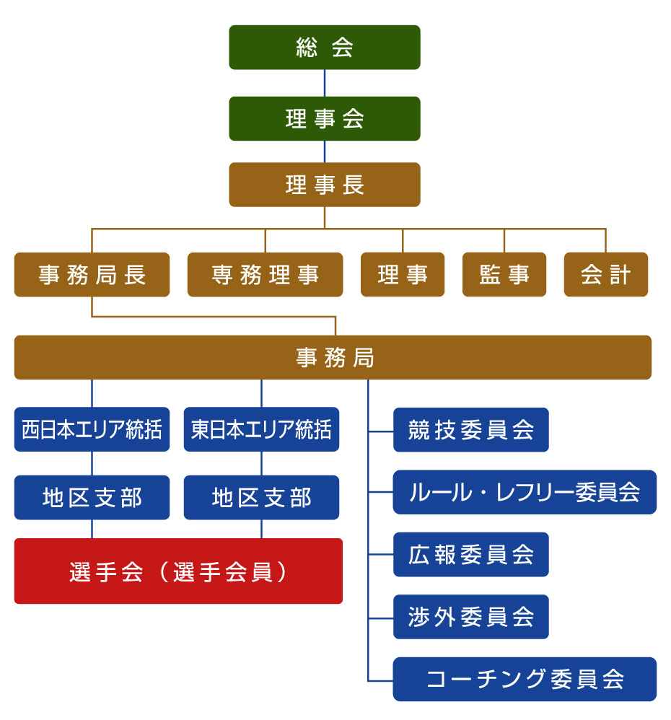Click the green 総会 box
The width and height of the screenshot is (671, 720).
tap(325, 48)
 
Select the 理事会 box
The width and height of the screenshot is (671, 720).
tap(325, 118)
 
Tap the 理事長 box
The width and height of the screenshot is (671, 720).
tap(325, 185)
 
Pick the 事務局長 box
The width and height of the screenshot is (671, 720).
tap(92, 274)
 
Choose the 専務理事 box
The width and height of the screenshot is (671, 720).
tap(265, 274)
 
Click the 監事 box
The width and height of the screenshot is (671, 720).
tap(504, 274)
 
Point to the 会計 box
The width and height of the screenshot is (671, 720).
tap(606, 274)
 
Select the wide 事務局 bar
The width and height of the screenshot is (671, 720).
tap(333, 357)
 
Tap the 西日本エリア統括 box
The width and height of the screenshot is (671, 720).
tap(92, 430)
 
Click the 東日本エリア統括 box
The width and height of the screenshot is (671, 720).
tap(261, 430)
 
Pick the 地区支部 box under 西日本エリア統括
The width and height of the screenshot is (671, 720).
tap(92, 498)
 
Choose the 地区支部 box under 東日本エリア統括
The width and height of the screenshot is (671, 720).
tap(261, 498)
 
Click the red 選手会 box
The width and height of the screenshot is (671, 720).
tap(178, 571)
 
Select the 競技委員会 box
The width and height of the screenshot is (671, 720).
tap(470, 430)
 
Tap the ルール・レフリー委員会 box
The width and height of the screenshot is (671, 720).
tap(525, 492)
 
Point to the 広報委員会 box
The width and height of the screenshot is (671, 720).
tap(470, 554)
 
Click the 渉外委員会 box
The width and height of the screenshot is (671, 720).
tap(470, 617)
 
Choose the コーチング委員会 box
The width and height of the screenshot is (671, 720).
tap(525, 679)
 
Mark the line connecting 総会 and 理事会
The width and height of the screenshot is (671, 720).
tap(325, 83)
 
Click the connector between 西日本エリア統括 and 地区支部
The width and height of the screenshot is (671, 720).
tap(92, 463)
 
